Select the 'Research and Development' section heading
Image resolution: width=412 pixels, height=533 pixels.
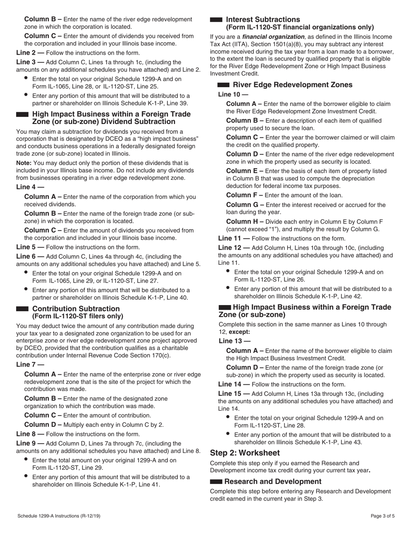273,481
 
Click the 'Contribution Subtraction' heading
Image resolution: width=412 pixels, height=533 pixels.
76,309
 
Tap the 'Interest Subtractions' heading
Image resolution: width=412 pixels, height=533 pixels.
263,19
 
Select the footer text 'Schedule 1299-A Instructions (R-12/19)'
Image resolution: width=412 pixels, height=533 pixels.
59,516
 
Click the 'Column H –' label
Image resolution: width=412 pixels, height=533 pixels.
245,221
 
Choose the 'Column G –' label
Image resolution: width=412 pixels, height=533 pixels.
245,205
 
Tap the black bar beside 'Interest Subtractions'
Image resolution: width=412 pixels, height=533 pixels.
216,20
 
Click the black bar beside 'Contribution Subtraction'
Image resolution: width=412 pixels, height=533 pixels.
22,309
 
